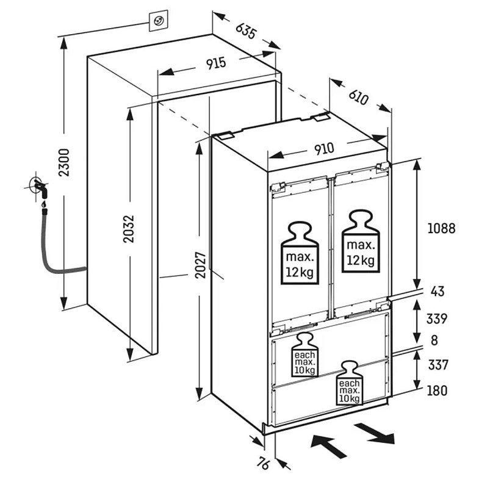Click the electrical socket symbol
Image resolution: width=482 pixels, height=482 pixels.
[x=159, y=21]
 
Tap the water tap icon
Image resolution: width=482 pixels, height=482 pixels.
[x=39, y=187]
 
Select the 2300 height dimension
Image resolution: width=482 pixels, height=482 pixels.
[x=65, y=163]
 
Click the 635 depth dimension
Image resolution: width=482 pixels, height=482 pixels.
[x=245, y=31]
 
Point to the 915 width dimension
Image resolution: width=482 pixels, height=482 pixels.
[x=216, y=63]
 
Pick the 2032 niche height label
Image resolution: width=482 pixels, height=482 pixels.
[x=129, y=229]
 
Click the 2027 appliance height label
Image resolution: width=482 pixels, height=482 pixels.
[x=200, y=265]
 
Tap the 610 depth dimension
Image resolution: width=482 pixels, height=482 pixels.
[x=358, y=98]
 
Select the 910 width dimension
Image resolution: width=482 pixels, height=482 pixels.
[x=324, y=149]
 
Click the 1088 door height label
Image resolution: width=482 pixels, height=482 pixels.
[x=441, y=228]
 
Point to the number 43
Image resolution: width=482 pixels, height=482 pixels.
[x=437, y=291]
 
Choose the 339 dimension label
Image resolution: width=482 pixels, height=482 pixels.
[x=437, y=318]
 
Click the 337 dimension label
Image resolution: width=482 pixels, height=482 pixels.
[x=438, y=365]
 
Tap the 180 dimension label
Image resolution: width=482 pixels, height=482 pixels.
[x=437, y=390]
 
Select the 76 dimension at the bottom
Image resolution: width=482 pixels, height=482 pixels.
[x=263, y=464]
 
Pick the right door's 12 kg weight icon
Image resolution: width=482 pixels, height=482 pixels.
[x=361, y=241]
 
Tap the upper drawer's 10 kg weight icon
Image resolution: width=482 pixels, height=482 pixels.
[x=304, y=354]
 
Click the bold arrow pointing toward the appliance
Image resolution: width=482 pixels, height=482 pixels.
[x=328, y=445]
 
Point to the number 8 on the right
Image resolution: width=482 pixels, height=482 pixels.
[x=434, y=340]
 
